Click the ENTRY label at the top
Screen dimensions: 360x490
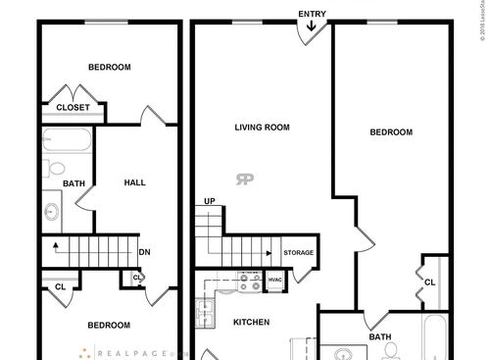click(x=313, y=13)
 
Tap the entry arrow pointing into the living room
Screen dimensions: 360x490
click(x=313, y=27)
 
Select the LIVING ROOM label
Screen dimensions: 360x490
click(x=262, y=127)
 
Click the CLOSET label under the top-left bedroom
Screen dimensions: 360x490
click(x=73, y=108)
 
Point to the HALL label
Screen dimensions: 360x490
click(x=135, y=182)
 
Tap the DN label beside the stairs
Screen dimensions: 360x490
click(x=144, y=252)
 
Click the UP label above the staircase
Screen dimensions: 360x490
click(x=209, y=202)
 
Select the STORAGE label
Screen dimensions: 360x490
click(x=299, y=253)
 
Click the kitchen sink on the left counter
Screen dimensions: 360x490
click(x=207, y=313)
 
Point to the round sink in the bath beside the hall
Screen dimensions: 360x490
click(x=52, y=209)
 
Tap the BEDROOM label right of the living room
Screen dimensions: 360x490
click(x=390, y=132)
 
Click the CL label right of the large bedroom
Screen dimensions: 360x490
click(x=429, y=283)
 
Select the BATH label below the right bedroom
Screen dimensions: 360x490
click(x=380, y=336)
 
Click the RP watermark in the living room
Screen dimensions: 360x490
click(x=243, y=178)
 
